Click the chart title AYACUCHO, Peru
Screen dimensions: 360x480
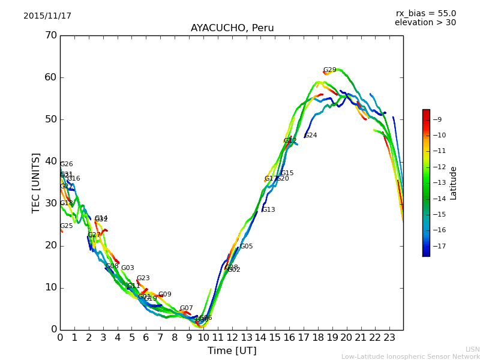(232, 28)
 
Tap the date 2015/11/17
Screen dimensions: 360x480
(47, 16)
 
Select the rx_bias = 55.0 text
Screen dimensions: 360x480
(425, 14)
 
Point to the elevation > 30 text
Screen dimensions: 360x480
(425, 23)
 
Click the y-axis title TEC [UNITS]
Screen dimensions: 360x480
(36, 182)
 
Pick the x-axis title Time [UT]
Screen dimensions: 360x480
(232, 350)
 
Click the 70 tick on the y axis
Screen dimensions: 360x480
(50, 35)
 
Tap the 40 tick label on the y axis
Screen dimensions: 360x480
(50, 161)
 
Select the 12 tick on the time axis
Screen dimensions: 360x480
(232, 338)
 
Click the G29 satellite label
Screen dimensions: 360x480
(329, 70)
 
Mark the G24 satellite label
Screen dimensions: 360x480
(311, 136)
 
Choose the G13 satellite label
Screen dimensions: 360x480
(268, 210)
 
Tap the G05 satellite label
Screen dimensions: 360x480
(247, 247)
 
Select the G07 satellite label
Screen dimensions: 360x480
(186, 308)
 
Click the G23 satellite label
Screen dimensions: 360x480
(143, 278)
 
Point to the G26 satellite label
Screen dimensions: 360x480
(66, 164)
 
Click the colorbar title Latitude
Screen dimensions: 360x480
(454, 183)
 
